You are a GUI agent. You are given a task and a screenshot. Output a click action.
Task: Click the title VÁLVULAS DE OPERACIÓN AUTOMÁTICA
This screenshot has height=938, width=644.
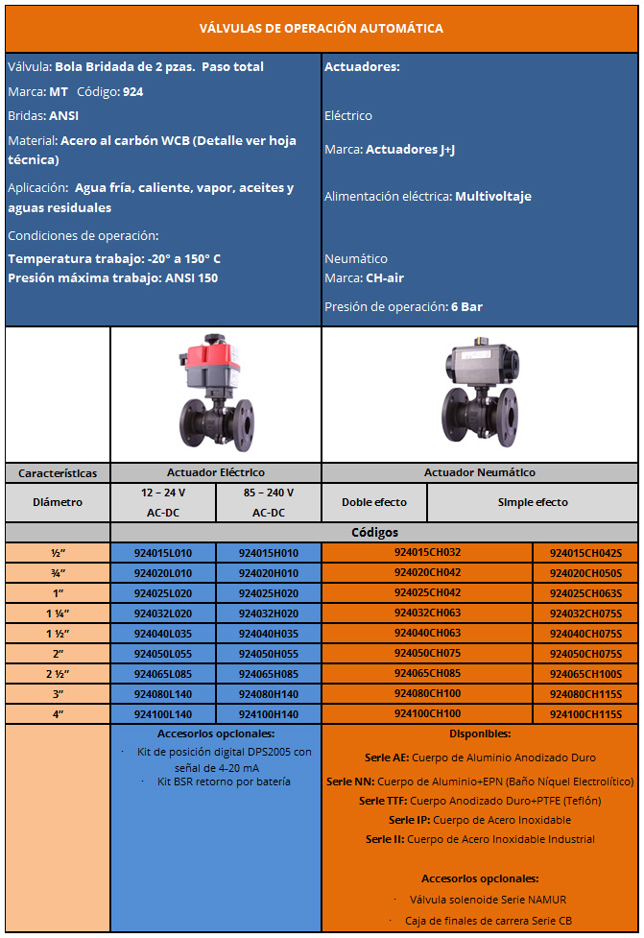[322, 28]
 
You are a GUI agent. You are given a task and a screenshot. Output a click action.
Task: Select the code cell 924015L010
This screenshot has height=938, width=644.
[163, 553]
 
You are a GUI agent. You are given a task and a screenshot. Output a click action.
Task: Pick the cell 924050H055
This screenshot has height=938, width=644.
[269, 653]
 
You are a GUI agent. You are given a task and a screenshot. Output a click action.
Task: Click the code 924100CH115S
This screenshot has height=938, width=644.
[585, 713]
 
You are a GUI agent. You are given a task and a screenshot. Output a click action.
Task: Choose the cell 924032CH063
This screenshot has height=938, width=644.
[427, 613]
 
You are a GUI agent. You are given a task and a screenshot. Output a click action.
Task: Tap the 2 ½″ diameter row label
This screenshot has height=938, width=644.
[58, 673]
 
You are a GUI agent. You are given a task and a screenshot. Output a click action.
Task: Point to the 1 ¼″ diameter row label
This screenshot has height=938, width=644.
[58, 613]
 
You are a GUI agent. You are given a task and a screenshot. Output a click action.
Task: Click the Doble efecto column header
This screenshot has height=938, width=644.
[374, 502]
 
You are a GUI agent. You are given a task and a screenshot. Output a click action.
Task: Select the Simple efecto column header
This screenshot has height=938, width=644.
[533, 502]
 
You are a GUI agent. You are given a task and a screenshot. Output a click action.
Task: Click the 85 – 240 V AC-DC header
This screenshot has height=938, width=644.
[269, 502]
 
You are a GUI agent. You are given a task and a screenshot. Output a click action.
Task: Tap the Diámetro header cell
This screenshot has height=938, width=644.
[58, 502]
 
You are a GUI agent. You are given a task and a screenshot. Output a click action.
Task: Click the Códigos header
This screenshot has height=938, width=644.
[374, 532]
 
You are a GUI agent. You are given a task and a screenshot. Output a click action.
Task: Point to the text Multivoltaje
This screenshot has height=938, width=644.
[493, 196]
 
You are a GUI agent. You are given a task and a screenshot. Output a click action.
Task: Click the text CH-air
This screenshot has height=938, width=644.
[384, 278]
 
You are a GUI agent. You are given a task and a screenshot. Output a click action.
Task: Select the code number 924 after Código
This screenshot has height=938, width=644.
[133, 91]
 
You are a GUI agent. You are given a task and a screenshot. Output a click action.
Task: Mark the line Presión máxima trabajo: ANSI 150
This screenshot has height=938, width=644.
[113, 278]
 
